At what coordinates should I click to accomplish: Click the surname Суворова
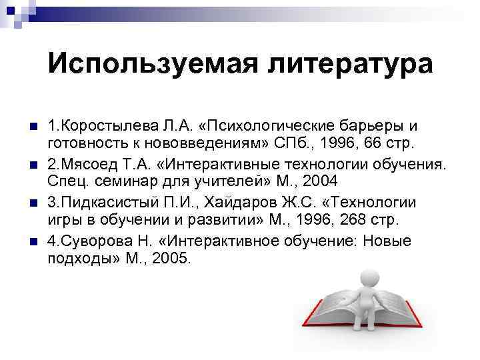[x=91, y=241]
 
